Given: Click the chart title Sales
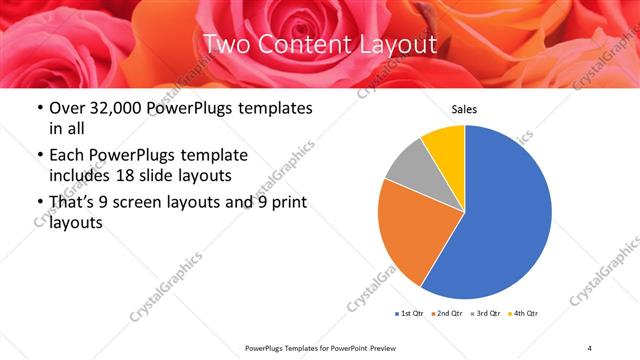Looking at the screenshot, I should pyautogui.click(x=465, y=109).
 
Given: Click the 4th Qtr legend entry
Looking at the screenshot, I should pyautogui.click(x=525, y=314).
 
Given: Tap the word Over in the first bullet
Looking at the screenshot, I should pyautogui.click(x=67, y=108).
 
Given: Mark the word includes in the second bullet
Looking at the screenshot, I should pyautogui.click(x=79, y=177).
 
